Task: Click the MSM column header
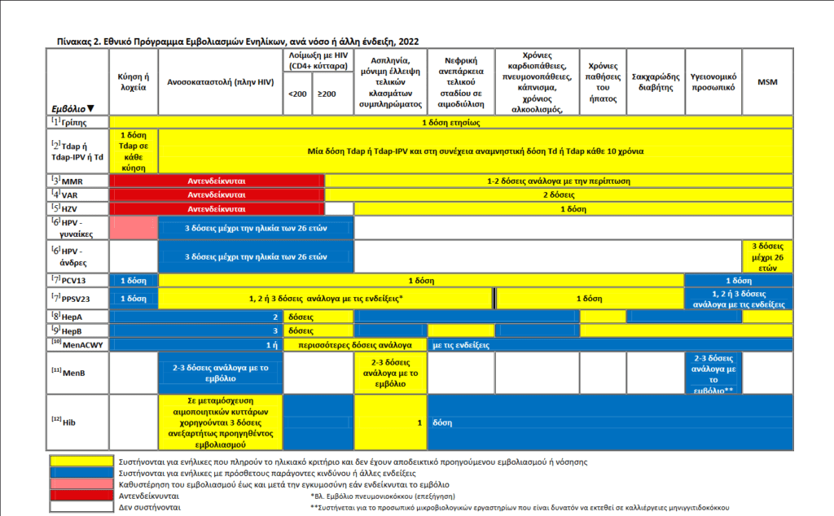tap(766, 82)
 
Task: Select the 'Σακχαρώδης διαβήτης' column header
tap(656, 81)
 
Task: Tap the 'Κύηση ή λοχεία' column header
tap(133, 81)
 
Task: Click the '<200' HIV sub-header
tap(298, 94)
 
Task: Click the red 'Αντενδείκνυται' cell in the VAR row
tap(217, 195)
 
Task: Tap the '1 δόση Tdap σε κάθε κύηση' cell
tap(133, 151)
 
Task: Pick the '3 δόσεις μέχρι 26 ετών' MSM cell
tap(766, 256)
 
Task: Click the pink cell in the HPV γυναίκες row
tap(133, 227)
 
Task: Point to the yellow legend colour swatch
tap(81, 461)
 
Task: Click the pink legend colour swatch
tap(81, 483)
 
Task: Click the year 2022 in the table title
tap(407, 41)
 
